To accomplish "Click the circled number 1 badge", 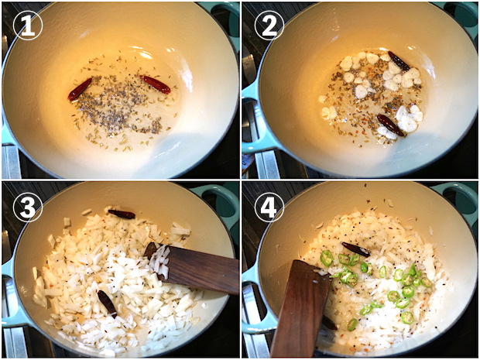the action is pyautogui.click(x=28, y=26).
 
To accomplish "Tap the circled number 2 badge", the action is pyautogui.click(x=269, y=26).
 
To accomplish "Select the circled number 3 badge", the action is pyautogui.click(x=28, y=207).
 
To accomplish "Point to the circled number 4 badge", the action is pyautogui.click(x=269, y=207).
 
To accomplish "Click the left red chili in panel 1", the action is pyautogui.click(x=80, y=89).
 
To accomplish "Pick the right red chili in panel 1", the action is pyautogui.click(x=155, y=84).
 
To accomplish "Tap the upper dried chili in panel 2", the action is pyautogui.click(x=399, y=61).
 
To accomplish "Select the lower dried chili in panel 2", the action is pyautogui.click(x=390, y=125).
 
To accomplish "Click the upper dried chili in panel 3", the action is pyautogui.click(x=122, y=214).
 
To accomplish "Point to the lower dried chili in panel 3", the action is pyautogui.click(x=107, y=303).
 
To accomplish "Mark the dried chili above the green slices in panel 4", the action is pyautogui.click(x=355, y=249).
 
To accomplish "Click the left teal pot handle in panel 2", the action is pyautogui.click(x=252, y=122).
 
